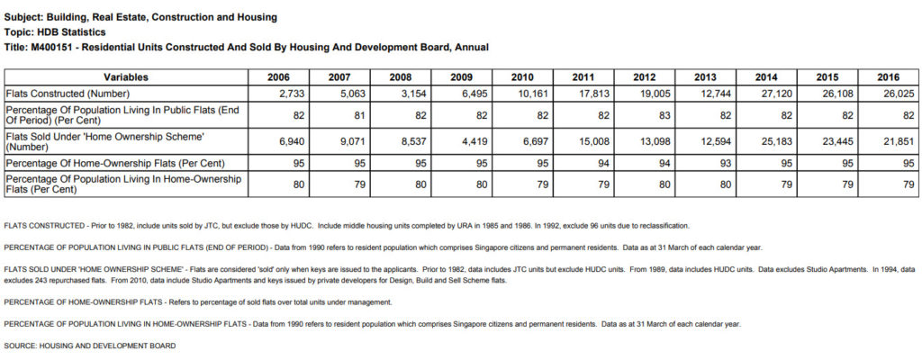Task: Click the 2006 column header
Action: point(278,77)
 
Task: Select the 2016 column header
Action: point(888,77)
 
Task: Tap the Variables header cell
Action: point(126,77)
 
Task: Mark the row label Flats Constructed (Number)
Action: point(68,94)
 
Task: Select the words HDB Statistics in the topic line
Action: point(68,32)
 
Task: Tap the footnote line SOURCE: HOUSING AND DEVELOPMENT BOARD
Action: point(89,346)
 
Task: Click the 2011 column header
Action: point(583,77)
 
